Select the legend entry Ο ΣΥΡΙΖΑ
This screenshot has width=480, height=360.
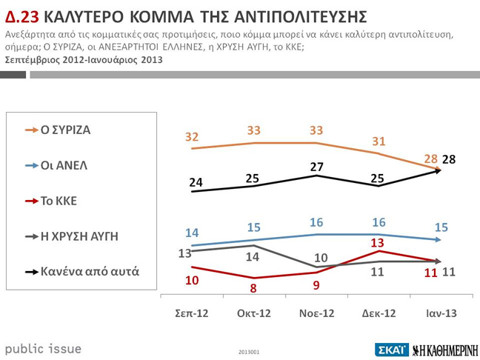tap(65, 130)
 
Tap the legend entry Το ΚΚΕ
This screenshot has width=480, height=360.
tap(59, 201)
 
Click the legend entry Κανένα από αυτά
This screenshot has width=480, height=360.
tap(90, 272)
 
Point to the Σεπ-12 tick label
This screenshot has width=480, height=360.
tap(191, 313)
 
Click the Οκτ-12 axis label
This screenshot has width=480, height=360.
tap(253, 313)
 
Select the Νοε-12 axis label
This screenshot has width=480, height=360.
tap(316, 313)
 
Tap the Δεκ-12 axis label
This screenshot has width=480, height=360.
tap(378, 313)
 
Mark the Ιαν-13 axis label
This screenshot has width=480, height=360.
tap(440, 313)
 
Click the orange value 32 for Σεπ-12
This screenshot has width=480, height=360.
tap(192, 137)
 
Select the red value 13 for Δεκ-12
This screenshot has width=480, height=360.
tap(378, 241)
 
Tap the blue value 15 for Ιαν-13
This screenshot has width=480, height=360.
tap(441, 228)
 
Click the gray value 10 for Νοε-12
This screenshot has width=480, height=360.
tap(320, 258)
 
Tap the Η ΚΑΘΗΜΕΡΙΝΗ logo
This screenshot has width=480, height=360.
tap(445, 350)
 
